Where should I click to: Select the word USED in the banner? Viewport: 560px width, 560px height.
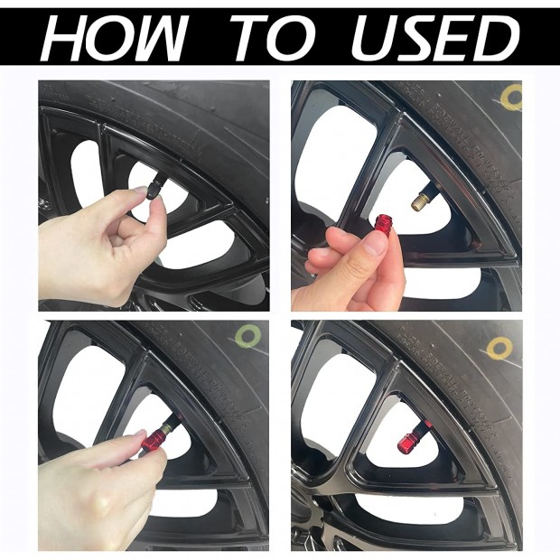coord(435,38)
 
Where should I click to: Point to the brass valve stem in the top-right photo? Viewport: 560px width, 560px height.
coord(421,201)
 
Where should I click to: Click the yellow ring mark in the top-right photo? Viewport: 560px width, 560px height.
coord(511,98)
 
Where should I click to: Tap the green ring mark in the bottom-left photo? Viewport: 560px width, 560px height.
coord(248,336)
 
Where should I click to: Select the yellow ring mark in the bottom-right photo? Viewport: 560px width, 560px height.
coord(499,349)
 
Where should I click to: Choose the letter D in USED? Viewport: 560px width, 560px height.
coord(497,38)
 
